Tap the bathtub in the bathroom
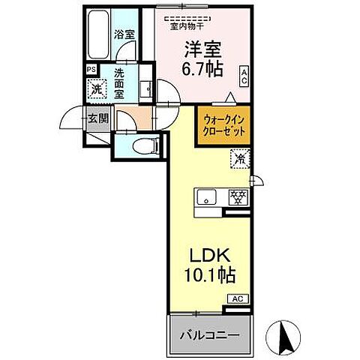(96, 38)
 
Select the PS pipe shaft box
(91, 70)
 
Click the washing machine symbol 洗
(97, 89)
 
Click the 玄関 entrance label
(97, 118)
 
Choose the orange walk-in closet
(223, 123)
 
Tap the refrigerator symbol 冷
(240, 158)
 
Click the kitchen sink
(207, 197)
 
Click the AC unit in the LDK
(237, 298)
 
